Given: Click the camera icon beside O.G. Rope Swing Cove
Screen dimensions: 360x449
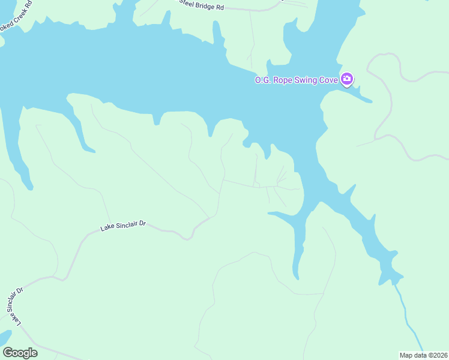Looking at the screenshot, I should coord(347,79).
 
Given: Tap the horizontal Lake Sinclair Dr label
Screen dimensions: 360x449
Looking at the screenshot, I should coord(123,226).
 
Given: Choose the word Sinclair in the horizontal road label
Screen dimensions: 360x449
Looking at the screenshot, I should coord(125,226).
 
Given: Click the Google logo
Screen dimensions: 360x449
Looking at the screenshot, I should coord(20,353).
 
